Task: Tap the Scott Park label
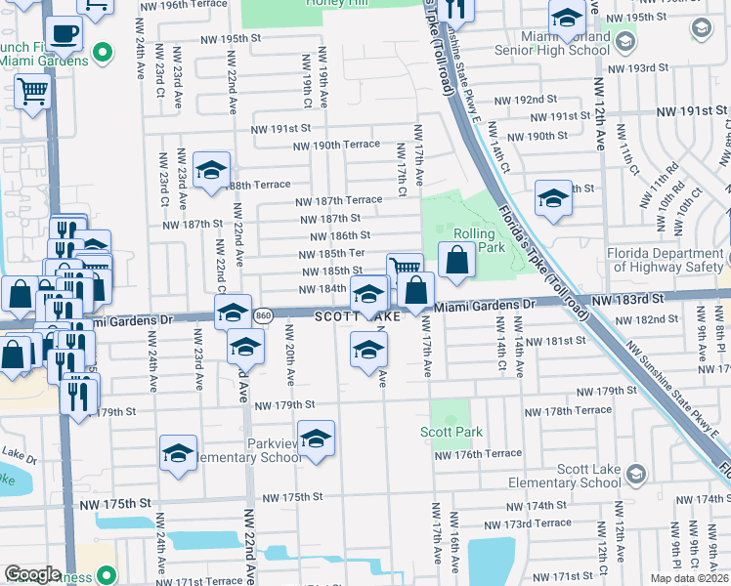point(451,432)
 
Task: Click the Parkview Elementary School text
point(248,457)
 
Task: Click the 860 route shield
point(262,316)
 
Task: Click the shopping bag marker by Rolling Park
point(457,260)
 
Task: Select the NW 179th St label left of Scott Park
point(284,404)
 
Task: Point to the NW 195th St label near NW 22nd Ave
point(229,39)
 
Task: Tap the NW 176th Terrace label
point(478,455)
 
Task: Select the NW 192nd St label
point(525,100)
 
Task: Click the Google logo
point(32,573)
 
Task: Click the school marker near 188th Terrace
point(211,172)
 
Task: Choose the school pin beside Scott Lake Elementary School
point(634,474)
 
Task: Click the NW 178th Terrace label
point(568,411)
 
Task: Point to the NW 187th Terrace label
point(339,200)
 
